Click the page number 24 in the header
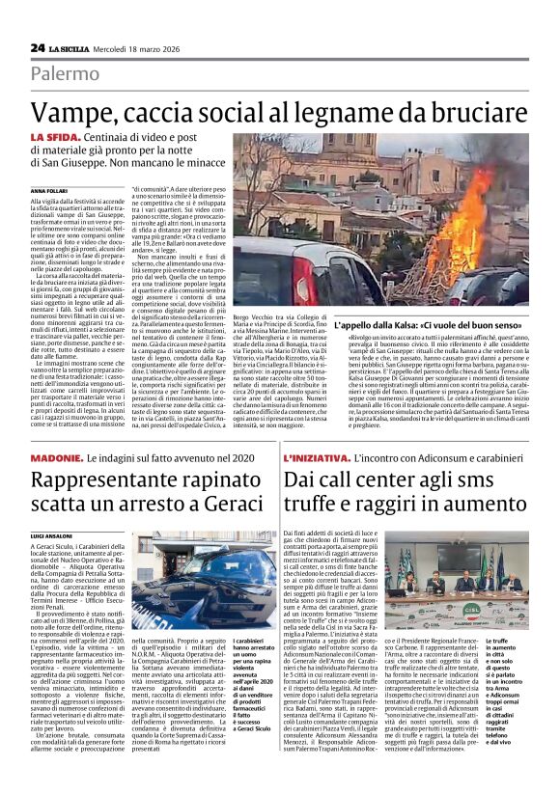37,47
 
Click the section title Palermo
65,73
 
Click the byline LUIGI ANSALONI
50,534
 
